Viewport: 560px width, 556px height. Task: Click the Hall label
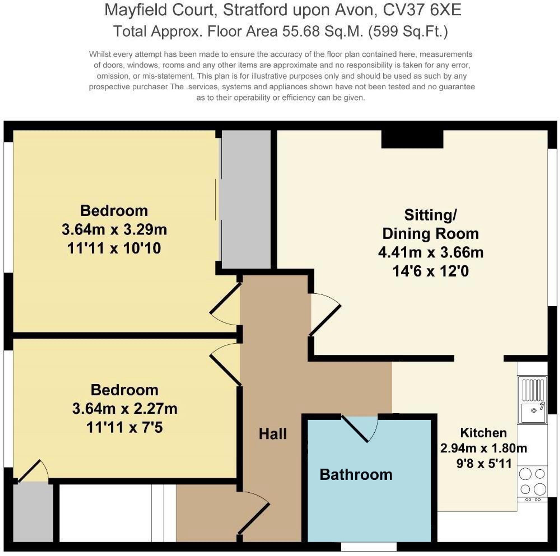point(272,434)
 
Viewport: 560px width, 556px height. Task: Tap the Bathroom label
point(356,475)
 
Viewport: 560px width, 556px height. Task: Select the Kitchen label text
point(483,433)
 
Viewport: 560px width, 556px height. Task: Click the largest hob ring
point(540,490)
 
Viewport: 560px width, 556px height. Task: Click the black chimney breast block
point(412,139)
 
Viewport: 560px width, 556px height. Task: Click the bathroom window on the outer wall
point(369,547)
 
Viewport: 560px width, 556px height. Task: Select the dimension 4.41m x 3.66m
point(430,252)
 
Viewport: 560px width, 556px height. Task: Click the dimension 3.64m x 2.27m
point(125,409)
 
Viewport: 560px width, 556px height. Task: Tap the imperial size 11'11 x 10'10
point(114,249)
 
